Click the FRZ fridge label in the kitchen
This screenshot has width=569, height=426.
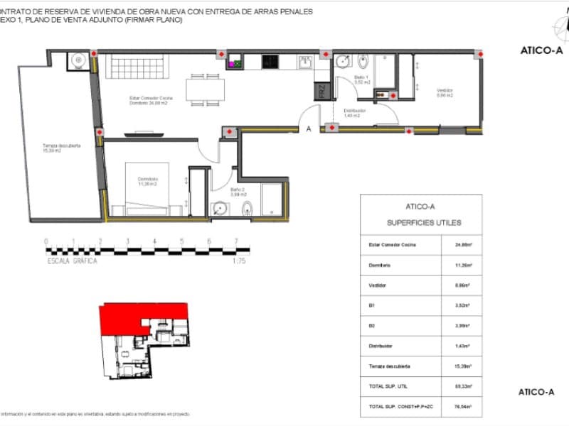click(x=321, y=91)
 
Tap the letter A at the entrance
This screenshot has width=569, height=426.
click(x=309, y=129)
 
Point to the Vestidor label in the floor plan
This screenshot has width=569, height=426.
click(x=445, y=92)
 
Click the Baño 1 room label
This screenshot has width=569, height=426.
click(x=363, y=80)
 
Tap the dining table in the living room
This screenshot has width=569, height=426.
click(x=205, y=89)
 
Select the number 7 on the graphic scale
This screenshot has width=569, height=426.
click(x=235, y=241)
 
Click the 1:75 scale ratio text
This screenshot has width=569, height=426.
click(x=238, y=261)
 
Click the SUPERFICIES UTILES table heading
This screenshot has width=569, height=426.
click(x=420, y=222)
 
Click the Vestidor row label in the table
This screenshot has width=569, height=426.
click(x=378, y=285)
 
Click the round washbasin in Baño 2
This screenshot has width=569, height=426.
click(x=220, y=208)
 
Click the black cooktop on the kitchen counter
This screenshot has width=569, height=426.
click(x=270, y=62)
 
